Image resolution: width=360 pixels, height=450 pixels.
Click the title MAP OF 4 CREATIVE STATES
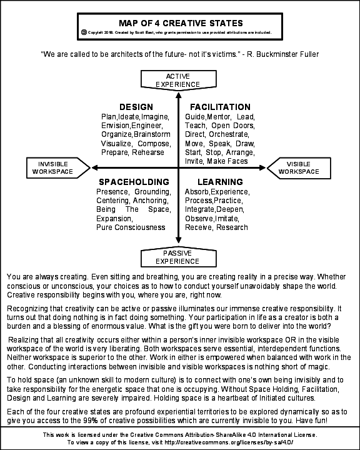coord(179,24)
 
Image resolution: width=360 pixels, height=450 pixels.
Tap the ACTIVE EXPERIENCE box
coord(178,80)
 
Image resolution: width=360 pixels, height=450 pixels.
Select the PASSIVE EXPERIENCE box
coord(178,256)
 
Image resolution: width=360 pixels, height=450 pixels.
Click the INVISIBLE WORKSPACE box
coord(52,167)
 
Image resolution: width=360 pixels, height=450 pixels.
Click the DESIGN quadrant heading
coord(136,107)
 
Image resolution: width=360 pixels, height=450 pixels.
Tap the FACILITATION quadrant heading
coord(220,107)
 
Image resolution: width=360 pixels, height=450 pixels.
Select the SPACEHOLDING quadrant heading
coord(134,182)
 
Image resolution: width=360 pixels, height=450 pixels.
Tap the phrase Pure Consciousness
coord(131,227)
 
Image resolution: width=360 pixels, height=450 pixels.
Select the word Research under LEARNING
coord(232,227)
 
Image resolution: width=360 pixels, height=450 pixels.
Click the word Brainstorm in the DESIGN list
coord(152,134)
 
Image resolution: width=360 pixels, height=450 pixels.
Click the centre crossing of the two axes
coord(179,167)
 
